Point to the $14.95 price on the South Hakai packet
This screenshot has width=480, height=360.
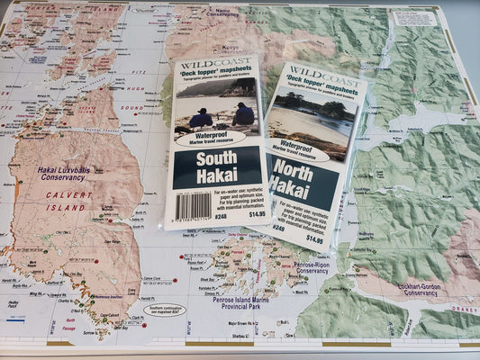click(x=256, y=214)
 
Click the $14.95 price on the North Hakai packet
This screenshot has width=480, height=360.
click(x=314, y=240)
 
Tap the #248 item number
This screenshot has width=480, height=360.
click(x=221, y=216)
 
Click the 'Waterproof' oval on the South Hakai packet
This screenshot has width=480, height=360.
click(x=209, y=138)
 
